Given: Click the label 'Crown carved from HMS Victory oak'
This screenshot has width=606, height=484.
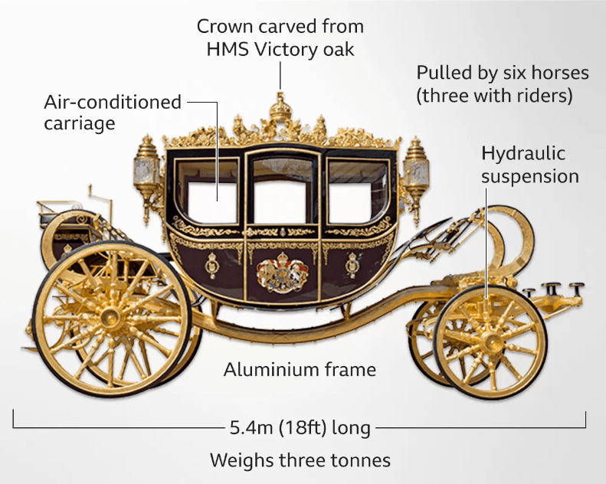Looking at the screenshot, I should (x=280, y=38).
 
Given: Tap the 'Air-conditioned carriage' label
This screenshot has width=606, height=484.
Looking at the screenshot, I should (x=113, y=112).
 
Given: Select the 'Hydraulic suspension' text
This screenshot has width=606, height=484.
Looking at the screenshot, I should (x=529, y=165).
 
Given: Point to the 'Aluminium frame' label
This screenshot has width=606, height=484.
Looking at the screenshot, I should (x=300, y=370).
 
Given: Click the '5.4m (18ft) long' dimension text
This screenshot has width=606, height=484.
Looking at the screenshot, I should (x=300, y=427).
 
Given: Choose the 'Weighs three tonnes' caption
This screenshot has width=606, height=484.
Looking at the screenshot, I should (x=300, y=460).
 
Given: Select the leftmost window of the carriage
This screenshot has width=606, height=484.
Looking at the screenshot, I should (x=211, y=192).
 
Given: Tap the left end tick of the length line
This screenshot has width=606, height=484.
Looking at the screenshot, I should (x=14, y=420).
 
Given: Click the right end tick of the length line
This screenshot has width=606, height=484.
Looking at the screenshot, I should (x=586, y=420).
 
